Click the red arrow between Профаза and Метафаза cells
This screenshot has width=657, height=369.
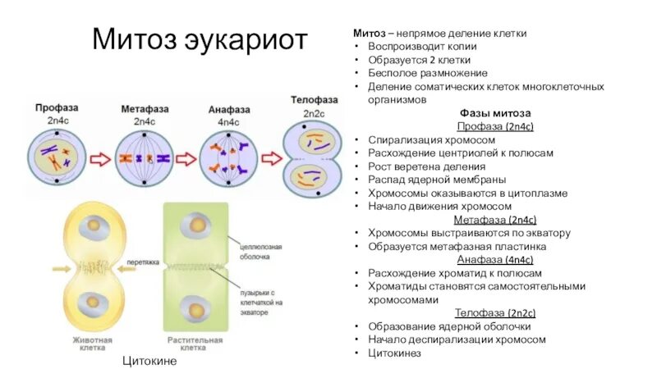tap(101, 158)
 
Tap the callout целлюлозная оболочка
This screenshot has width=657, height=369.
tap(262, 249)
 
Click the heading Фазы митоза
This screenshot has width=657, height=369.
tap(495, 112)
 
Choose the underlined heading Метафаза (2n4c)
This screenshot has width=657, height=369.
tap(495, 220)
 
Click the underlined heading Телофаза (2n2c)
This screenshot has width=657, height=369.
tap(495, 313)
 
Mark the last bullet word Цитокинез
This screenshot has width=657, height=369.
tap(394, 353)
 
